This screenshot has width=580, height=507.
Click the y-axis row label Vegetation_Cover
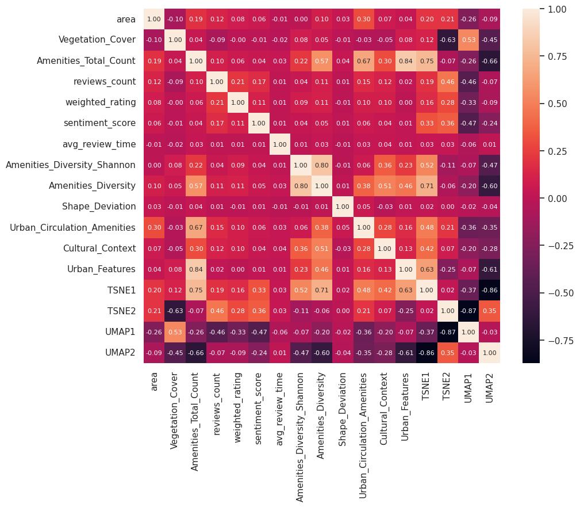[x=97, y=40]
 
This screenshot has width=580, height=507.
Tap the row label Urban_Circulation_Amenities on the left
[x=72, y=227]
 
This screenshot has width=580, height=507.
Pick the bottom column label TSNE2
[x=447, y=386]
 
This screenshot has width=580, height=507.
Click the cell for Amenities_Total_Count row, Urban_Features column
[x=405, y=60]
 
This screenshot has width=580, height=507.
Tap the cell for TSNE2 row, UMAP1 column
[x=467, y=311]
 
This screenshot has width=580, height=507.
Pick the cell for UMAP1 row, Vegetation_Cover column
[x=175, y=332]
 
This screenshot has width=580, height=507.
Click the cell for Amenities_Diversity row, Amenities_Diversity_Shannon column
[x=300, y=186]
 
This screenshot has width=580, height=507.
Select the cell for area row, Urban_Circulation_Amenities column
[x=363, y=19]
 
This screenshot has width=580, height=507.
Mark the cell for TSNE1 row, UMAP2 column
[x=489, y=290]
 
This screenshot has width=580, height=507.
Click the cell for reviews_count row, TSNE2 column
[x=447, y=82]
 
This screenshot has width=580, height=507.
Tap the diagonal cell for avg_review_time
[x=279, y=144]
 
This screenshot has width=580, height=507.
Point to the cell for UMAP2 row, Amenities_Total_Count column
[x=196, y=353]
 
